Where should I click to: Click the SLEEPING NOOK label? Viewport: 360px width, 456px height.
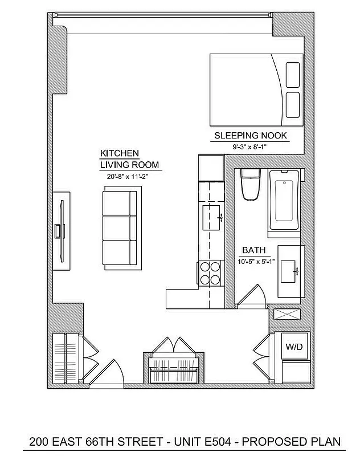pyautogui.click(x=250, y=136)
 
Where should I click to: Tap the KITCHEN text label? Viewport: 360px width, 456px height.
pyautogui.click(x=120, y=154)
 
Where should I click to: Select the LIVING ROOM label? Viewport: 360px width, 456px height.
pyautogui.click(x=129, y=165)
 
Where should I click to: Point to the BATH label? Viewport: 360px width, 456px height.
pyautogui.click(x=253, y=250)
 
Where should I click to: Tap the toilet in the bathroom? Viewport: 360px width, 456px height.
pyautogui.click(x=250, y=185)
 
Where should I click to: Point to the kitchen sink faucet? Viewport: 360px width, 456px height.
pyautogui.click(x=219, y=217)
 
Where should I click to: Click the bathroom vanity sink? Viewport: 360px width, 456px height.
pyautogui.click(x=293, y=271)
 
